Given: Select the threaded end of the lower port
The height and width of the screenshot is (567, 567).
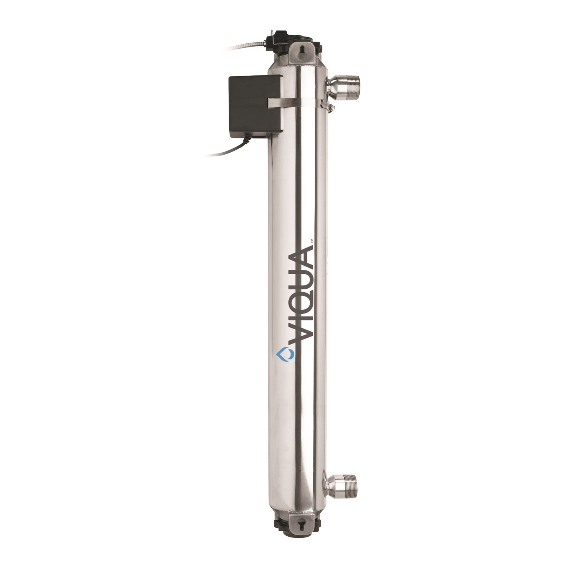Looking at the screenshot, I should (349, 486).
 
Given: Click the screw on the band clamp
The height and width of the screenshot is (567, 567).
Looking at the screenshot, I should (329, 107).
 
